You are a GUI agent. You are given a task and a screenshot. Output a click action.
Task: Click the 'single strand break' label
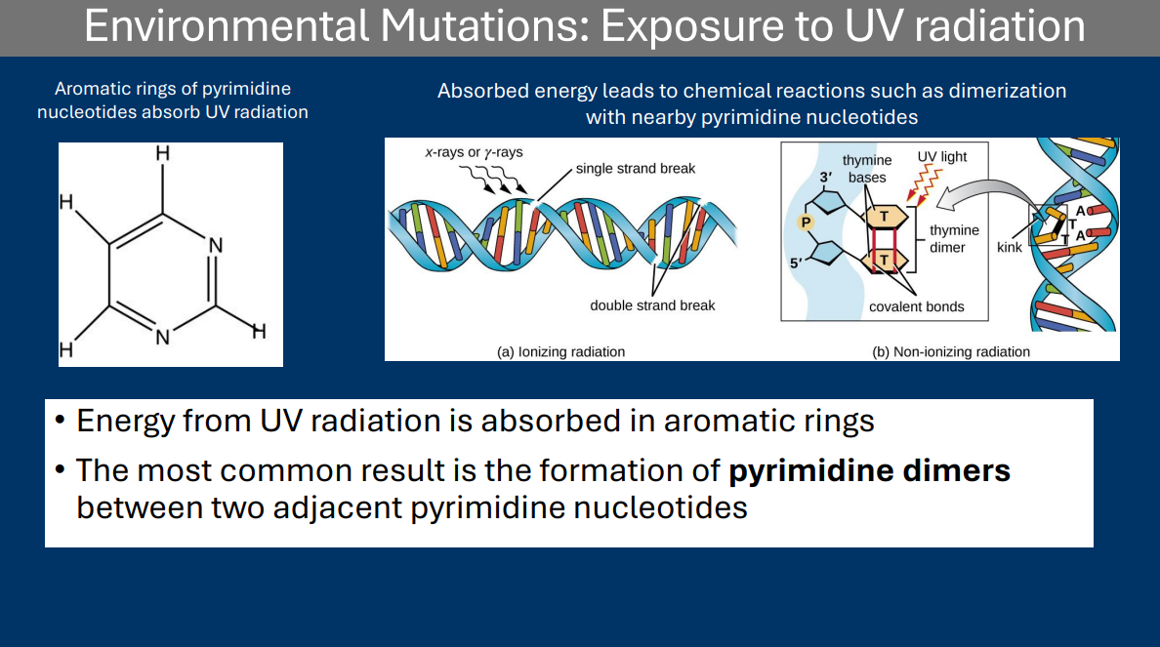tap(635, 169)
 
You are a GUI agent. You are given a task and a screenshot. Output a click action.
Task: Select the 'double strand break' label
tap(652, 305)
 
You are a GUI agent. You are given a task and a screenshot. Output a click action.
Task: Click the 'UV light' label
tap(941, 156)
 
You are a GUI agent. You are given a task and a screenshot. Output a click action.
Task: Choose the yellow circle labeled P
tap(807, 222)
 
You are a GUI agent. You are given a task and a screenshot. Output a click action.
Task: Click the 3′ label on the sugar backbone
tap(825, 178)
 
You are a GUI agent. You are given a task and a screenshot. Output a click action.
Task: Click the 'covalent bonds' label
tap(916, 306)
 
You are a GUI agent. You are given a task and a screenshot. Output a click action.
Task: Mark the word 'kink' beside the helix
tap(1009, 248)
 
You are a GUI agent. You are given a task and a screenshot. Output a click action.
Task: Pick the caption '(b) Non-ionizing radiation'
tap(950, 351)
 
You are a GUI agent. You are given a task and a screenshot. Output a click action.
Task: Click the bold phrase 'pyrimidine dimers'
tap(869, 470)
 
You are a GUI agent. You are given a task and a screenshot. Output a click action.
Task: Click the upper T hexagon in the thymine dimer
tap(885, 218)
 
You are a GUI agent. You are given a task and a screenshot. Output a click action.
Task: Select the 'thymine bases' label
tap(867, 169)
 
